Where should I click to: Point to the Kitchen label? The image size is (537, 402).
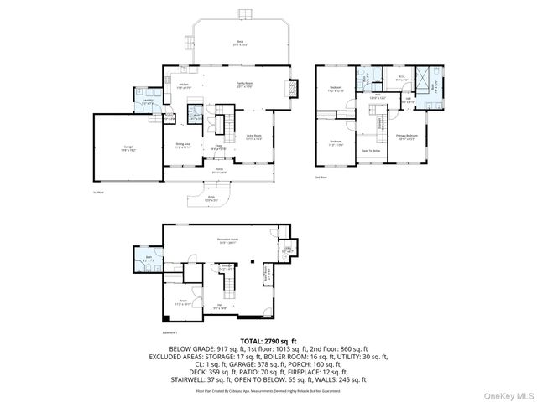click(185, 85)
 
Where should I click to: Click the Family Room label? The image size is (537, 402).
click(245, 85)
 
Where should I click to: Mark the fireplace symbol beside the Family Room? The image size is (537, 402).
click(293, 88)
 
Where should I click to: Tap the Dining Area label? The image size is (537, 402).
click(183, 145)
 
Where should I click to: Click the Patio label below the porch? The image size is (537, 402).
click(211, 199)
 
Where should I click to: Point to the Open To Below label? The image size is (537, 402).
click(370, 151)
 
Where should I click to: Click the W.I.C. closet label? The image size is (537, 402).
click(401, 78)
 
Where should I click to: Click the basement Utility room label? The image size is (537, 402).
click(287, 249)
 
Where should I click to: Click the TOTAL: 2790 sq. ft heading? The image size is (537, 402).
click(268, 342)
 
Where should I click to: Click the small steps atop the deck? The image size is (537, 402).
click(244, 14)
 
